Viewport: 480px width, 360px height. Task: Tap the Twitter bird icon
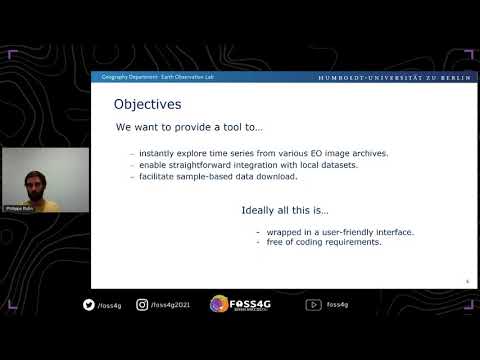click(x=88, y=305)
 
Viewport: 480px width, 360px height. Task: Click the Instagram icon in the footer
click(x=142, y=305)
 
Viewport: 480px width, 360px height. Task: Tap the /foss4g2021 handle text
click(x=171, y=306)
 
